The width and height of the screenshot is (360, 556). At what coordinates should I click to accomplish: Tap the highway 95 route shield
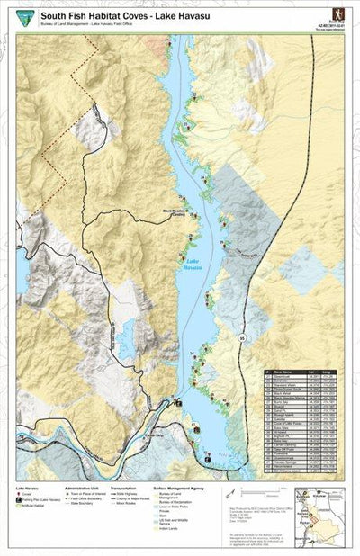point(242,338)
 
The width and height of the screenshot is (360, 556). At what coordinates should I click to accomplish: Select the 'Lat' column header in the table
point(312,371)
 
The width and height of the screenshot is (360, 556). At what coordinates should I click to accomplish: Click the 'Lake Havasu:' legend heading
point(27,489)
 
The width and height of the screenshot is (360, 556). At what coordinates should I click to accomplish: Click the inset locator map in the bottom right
point(319,507)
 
